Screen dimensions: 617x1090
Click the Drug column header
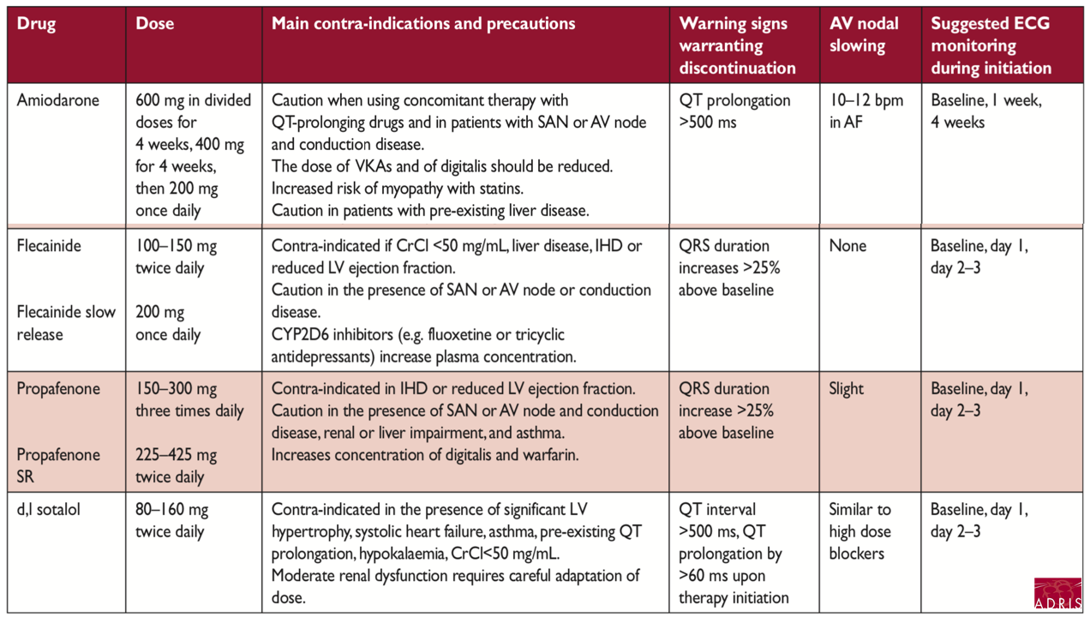36,24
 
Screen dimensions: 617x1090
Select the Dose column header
155,24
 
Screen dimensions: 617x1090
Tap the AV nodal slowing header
864,35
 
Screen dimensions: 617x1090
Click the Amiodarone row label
58,100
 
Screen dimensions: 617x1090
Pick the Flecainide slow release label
66,323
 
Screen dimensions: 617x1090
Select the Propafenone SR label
58,465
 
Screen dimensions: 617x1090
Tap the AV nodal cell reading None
847,246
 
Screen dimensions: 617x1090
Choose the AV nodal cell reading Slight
847,389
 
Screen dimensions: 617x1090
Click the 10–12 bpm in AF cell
865,111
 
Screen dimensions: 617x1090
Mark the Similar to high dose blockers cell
859,531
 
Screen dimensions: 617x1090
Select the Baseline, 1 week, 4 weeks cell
985,111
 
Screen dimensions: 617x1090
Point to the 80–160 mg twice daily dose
171,521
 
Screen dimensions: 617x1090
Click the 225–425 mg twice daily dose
176,466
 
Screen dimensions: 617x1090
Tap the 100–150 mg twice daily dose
176,257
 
